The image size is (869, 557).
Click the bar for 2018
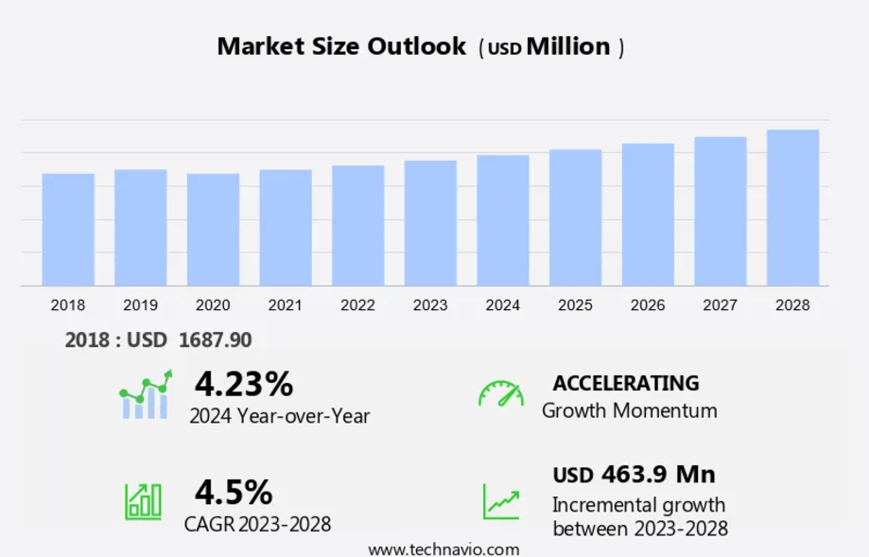[x=68, y=230]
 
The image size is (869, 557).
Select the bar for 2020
[x=213, y=230]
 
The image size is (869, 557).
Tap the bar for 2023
[x=430, y=223]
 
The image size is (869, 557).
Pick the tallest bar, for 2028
[x=792, y=208]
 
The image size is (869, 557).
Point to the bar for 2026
[x=648, y=215]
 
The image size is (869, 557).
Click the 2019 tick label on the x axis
[x=140, y=305]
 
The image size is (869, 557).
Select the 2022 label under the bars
[x=357, y=305]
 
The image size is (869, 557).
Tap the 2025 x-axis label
[x=575, y=305]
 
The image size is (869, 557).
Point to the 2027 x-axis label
[x=720, y=305]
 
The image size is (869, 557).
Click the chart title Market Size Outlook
[x=341, y=46]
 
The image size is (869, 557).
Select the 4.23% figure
[x=244, y=384]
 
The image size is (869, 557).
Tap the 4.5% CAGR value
[x=234, y=492]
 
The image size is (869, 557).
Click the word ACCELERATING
[x=626, y=383]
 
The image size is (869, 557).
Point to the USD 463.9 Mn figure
[x=634, y=474]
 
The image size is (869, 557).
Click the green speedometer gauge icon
[x=500, y=394]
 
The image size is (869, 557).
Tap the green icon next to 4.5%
[x=143, y=500]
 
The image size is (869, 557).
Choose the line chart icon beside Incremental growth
[x=500, y=501]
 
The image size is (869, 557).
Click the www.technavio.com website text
[x=443, y=549]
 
